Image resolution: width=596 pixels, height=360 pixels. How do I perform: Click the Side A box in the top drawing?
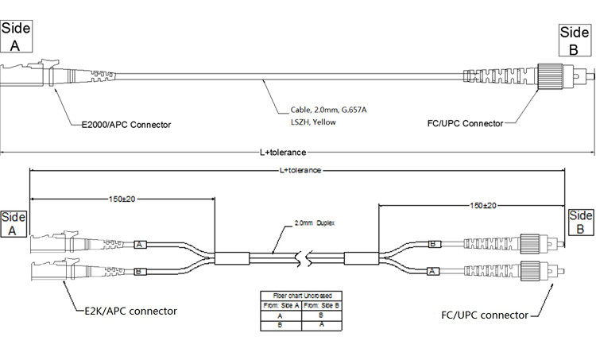coord(16,37)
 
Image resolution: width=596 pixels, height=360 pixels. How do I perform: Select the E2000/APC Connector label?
coord(127,125)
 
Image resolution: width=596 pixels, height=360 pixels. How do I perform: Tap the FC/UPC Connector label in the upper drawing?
coord(466,123)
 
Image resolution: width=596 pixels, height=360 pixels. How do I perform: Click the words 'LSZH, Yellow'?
coord(312,122)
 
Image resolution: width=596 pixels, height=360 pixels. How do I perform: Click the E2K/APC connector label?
coord(131,310)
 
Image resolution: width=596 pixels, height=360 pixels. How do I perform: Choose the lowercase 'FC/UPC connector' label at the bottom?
coord(484,315)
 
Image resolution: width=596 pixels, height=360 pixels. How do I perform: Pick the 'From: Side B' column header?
coord(321,305)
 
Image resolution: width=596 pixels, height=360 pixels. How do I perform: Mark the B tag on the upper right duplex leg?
coord(433,244)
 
